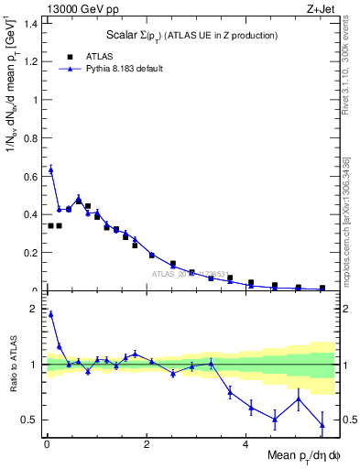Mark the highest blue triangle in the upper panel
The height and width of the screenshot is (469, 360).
50,169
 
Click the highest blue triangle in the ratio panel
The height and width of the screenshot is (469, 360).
50,314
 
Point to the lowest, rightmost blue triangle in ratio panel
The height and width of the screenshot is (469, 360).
322,425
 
